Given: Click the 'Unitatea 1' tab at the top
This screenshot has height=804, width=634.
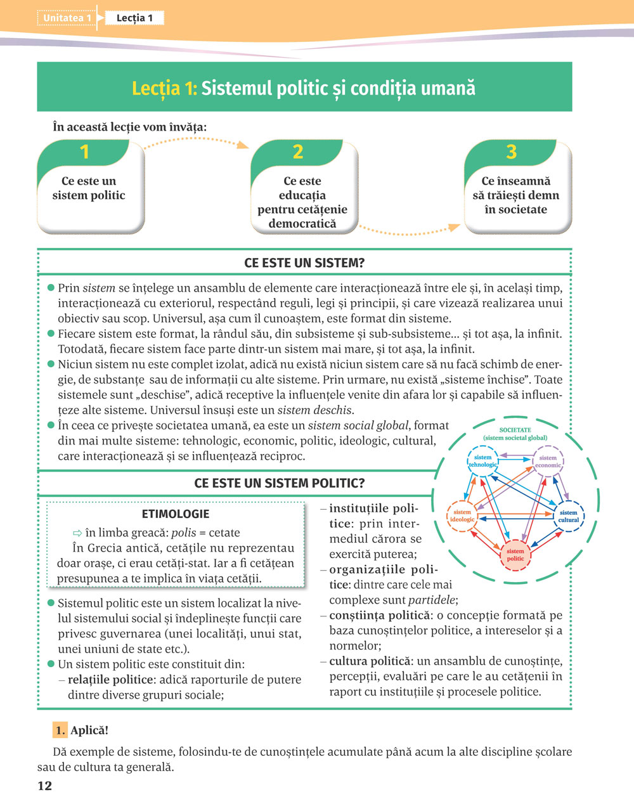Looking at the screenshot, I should pyautogui.click(x=67, y=18).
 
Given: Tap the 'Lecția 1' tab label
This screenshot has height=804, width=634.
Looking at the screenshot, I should pyautogui.click(x=134, y=18).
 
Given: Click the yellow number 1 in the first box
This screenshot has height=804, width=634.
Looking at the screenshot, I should pyautogui.click(x=85, y=152).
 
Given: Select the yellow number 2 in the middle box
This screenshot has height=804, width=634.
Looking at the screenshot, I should pyautogui.click(x=298, y=152).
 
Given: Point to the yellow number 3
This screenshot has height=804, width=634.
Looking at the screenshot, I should pyautogui.click(x=512, y=152).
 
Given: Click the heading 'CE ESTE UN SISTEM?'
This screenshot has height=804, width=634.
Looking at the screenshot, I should pyautogui.click(x=304, y=263).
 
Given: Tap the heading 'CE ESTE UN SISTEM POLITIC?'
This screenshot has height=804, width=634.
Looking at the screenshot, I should pyautogui.click(x=279, y=483).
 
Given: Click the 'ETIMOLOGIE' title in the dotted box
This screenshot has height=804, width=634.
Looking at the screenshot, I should pyautogui.click(x=176, y=514).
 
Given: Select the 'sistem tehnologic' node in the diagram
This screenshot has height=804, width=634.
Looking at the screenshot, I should pyautogui.click(x=483, y=461).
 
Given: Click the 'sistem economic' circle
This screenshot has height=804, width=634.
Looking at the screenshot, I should pyautogui.click(x=548, y=462).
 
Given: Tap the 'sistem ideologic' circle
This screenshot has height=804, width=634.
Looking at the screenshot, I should pyautogui.click(x=462, y=516).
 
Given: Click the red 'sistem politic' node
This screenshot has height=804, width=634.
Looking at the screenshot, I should pyautogui.click(x=515, y=555).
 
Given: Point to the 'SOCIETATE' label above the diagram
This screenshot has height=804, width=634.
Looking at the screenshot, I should pyautogui.click(x=515, y=430).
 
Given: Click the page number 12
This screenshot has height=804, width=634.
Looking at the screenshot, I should pyautogui.click(x=44, y=786).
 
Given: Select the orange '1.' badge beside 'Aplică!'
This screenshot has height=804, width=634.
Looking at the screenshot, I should pyautogui.click(x=60, y=730).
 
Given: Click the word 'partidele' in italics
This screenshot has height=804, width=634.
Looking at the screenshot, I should pyautogui.click(x=432, y=600).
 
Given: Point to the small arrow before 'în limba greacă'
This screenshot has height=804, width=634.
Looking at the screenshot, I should pyautogui.click(x=77, y=533).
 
